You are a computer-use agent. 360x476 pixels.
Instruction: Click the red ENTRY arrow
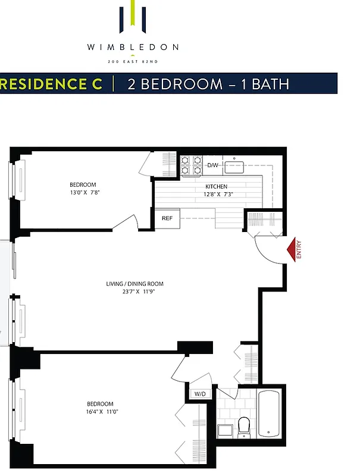click(x=293, y=249)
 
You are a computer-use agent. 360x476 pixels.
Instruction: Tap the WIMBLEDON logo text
click(x=133, y=47)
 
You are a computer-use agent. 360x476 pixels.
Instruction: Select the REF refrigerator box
click(x=167, y=218)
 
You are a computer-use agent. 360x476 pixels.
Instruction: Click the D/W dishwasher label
click(x=212, y=165)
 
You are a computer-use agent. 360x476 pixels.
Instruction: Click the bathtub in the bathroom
click(x=269, y=412)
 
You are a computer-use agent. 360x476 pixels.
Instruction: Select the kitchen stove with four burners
click(x=192, y=165)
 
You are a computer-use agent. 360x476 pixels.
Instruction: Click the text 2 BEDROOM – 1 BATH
click(x=209, y=84)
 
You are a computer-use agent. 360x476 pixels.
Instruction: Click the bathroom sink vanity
click(x=225, y=430)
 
